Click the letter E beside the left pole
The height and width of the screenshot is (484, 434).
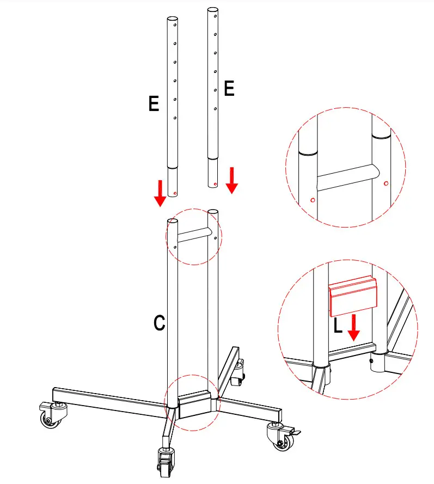154,103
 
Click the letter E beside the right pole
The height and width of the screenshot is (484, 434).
229,88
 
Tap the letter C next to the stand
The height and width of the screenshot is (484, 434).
159,323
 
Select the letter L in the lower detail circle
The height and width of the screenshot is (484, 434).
338,326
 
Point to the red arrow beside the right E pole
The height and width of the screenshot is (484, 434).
232,180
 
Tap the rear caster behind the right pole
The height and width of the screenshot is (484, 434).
238,375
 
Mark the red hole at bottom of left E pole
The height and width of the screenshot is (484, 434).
174,192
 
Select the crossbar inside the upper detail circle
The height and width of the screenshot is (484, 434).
346,177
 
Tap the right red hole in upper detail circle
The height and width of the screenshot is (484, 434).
386,183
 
